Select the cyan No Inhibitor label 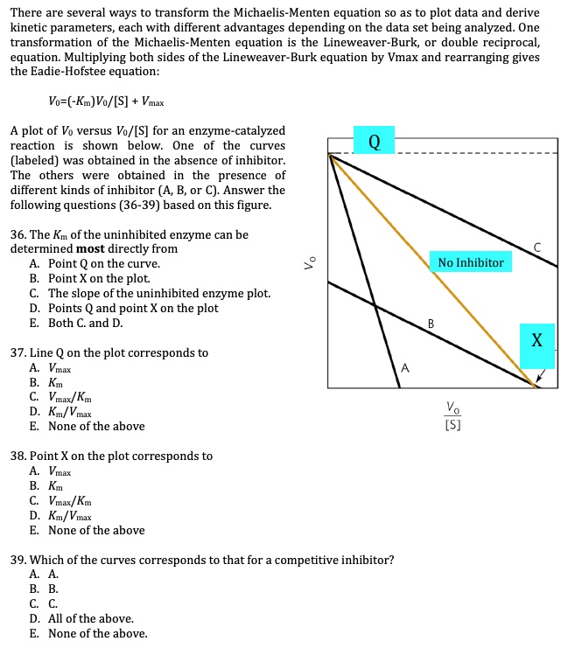point(471,262)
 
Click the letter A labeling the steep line point(403,368)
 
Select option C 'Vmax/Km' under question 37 point(69,397)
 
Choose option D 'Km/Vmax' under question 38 point(69,515)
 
